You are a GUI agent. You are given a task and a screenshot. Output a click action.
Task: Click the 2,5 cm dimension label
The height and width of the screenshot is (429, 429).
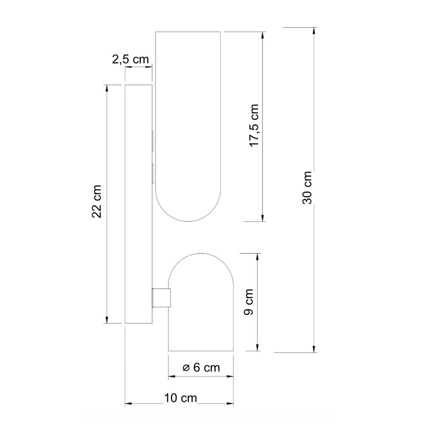pos(130,59)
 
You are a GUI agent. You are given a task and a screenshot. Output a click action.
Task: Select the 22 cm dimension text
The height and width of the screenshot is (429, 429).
pos(97,201)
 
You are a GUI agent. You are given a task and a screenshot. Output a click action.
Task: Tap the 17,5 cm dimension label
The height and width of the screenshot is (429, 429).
pos(254,125)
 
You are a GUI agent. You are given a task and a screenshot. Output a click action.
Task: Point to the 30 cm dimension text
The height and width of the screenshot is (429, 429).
pos(307,188)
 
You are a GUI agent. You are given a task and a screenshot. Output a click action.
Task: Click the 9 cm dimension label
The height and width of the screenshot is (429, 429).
pos(248,302)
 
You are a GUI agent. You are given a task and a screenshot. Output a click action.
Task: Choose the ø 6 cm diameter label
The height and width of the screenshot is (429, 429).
pos(201,368)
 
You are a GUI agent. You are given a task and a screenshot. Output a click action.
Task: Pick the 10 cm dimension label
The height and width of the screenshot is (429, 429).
pos(181,398)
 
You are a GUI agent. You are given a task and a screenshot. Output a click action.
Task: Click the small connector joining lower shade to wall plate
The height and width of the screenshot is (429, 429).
pos(161,297)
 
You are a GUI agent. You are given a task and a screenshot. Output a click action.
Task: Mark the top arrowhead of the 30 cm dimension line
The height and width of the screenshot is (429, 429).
pos(314,31)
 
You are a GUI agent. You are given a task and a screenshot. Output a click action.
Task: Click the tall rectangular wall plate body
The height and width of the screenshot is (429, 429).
pos(139,204)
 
